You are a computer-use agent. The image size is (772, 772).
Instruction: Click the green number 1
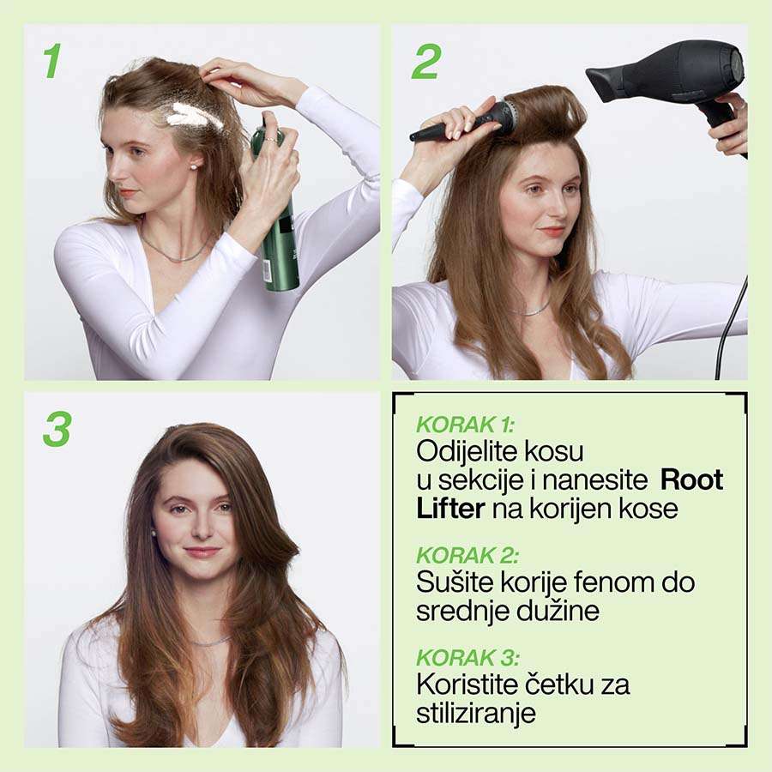click(x=52, y=61)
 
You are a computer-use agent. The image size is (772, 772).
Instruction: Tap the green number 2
click(x=425, y=61)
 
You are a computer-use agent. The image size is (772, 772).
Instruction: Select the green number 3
click(x=57, y=430)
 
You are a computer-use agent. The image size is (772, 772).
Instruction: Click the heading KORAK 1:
click(x=465, y=425)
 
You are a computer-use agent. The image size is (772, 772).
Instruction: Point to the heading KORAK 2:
click(x=467, y=555)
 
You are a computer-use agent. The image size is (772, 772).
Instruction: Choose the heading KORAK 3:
click(x=467, y=657)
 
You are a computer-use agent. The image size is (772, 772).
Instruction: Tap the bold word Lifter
click(x=450, y=508)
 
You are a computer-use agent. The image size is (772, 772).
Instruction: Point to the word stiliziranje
click(x=475, y=714)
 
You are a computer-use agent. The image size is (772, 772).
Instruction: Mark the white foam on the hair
click(x=194, y=117)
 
